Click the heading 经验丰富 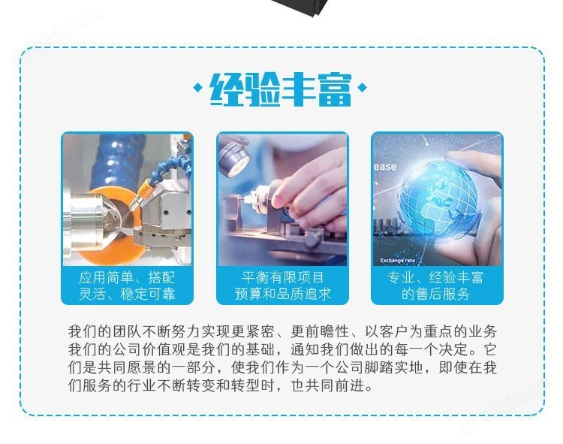(281, 90)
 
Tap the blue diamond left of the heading (197, 87)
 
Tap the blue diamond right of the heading (363, 87)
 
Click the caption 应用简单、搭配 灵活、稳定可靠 (127, 286)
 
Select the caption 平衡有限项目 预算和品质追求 (282, 286)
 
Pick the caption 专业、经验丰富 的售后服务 (436, 286)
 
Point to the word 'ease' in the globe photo (385, 166)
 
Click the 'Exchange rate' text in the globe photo (397, 261)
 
